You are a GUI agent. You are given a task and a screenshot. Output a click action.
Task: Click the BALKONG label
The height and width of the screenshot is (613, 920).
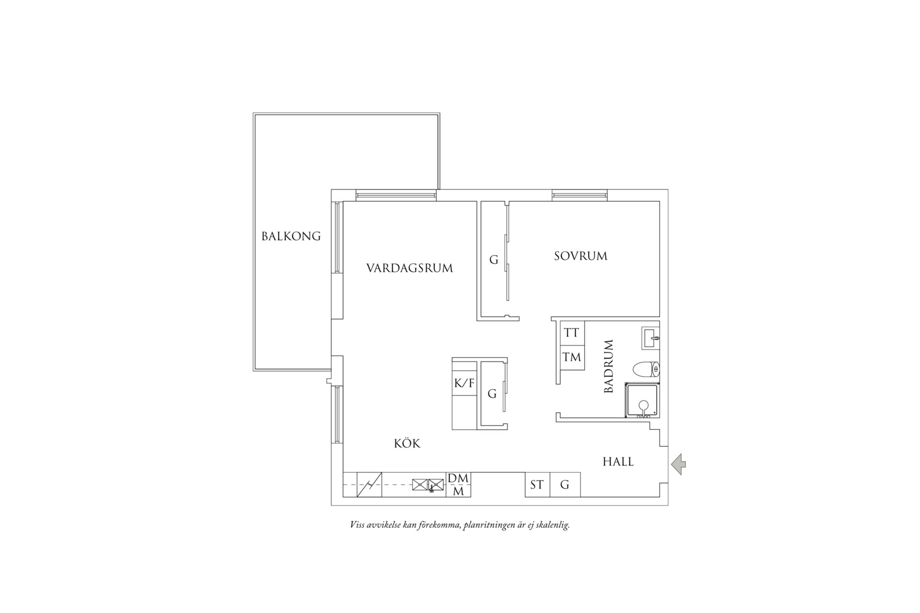pos(291,237)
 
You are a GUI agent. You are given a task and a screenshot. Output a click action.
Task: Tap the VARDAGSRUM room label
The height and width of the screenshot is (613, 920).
pos(409,268)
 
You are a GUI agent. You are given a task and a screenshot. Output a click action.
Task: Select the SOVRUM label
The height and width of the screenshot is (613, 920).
pos(580,256)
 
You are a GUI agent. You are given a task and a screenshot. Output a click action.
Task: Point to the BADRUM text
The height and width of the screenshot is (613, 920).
pos(608,366)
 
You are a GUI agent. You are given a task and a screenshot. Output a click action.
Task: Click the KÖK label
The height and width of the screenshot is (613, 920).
pos(407,443)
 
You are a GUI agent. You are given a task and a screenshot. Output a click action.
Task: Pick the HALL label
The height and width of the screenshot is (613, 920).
pos(618,462)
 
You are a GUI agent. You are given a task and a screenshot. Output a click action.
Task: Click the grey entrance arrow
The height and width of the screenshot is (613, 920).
pos(679,464)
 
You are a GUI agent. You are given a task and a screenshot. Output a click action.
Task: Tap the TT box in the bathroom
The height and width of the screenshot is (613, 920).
pos(572,333)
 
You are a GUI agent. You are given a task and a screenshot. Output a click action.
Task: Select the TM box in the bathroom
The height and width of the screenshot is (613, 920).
pos(572,357)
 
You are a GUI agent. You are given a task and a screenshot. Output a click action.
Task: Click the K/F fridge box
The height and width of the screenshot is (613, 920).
pos(464,383)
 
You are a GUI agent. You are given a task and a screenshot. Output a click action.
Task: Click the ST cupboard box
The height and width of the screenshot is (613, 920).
pos(537,485)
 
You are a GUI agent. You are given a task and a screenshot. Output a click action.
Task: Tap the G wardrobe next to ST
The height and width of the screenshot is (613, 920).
pos(565,485)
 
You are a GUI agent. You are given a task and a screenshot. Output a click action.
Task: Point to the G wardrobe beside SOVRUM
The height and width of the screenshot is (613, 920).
pos(494,260)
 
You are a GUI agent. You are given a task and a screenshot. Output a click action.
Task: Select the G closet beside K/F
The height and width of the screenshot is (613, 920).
pos(492,394)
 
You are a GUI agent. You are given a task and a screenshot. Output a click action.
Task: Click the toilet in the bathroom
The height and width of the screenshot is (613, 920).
pos(647,369)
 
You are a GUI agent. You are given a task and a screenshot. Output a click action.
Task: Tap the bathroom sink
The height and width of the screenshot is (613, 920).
pos(651,337)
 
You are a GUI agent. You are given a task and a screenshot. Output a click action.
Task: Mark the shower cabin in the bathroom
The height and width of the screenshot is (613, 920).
pos(642,400)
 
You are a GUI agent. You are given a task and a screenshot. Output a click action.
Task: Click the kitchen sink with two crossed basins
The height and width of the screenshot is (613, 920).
pos(428,485)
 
